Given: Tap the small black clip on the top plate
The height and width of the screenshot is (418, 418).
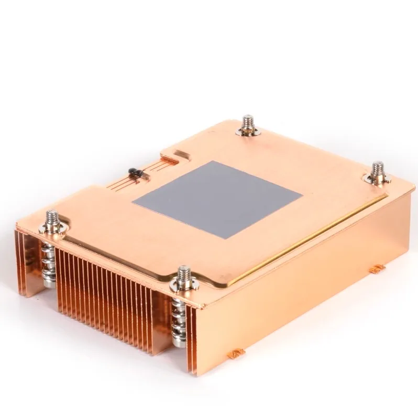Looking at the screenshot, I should click(134, 172).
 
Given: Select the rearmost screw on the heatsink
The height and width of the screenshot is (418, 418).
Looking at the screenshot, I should click(247, 124).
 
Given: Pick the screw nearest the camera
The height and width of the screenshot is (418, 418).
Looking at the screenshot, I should click(184, 276).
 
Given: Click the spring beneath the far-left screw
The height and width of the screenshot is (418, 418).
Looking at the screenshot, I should click(48, 262).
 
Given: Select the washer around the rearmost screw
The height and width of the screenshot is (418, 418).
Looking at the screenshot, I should click(248, 132).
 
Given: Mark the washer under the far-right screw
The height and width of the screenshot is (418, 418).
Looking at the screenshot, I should click(378, 180).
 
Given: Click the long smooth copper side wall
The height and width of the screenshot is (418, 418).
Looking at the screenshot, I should click(299, 283).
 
